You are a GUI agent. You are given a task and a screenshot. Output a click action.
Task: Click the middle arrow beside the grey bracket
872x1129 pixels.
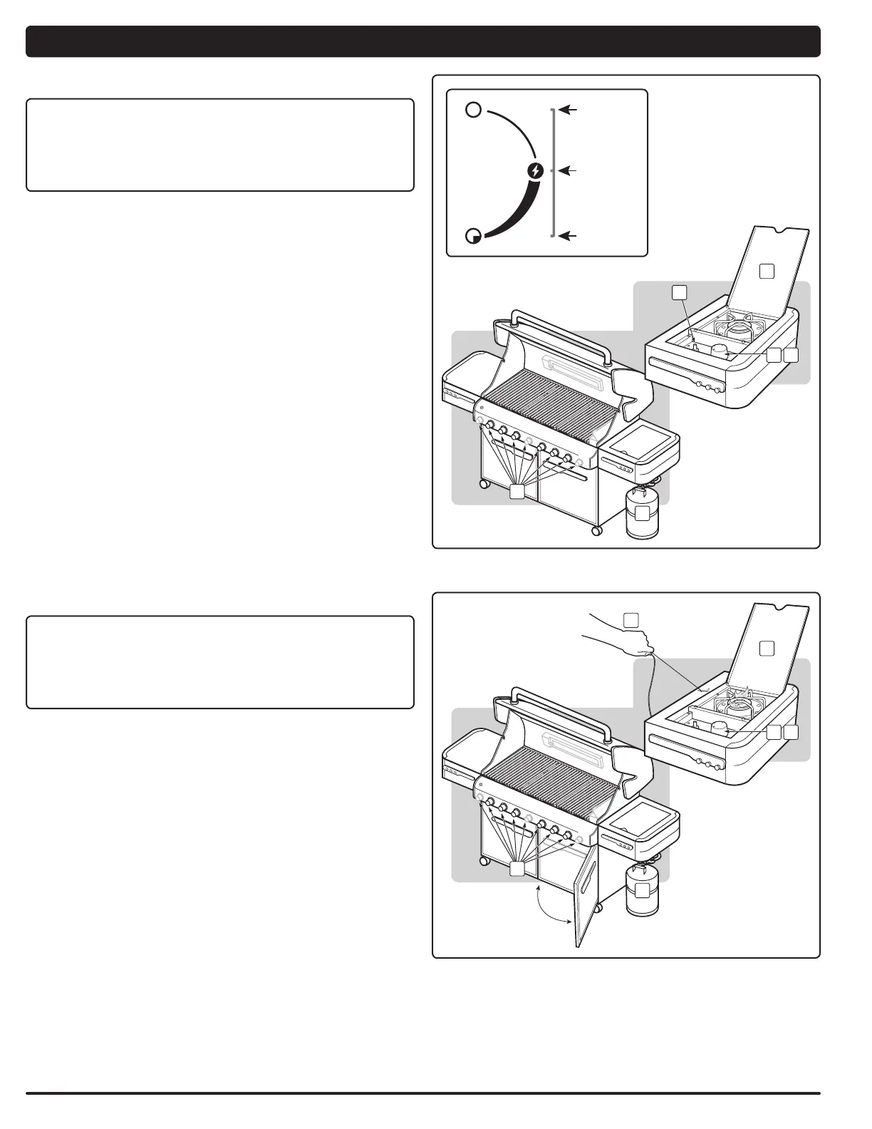pyautogui.click(x=568, y=171)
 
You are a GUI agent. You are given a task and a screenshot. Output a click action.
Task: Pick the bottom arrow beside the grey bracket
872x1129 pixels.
pyautogui.click(x=568, y=235)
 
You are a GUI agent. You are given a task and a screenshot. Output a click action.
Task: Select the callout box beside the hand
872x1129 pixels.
pyautogui.click(x=630, y=619)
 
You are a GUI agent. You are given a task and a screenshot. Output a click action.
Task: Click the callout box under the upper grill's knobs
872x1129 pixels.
pyautogui.click(x=518, y=491)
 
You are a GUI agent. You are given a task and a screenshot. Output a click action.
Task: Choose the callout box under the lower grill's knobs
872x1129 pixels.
pyautogui.click(x=518, y=869)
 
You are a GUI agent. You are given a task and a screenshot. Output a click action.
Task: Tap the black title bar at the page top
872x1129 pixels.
pyautogui.click(x=422, y=41)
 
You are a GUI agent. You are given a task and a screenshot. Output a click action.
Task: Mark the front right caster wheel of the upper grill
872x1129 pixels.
pyautogui.click(x=596, y=530)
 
